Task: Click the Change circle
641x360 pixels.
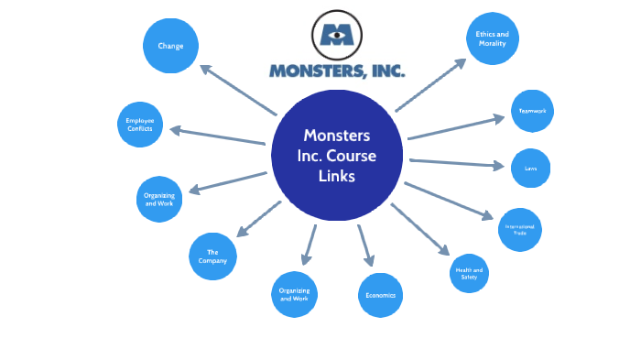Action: click(171, 44)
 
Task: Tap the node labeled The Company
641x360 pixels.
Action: click(212, 257)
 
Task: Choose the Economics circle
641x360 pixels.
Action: click(380, 296)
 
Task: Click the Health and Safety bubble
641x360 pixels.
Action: click(468, 272)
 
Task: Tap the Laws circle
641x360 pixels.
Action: click(530, 169)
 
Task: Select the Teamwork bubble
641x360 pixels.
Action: click(531, 112)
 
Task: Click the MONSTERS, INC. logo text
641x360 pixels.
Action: click(337, 71)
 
